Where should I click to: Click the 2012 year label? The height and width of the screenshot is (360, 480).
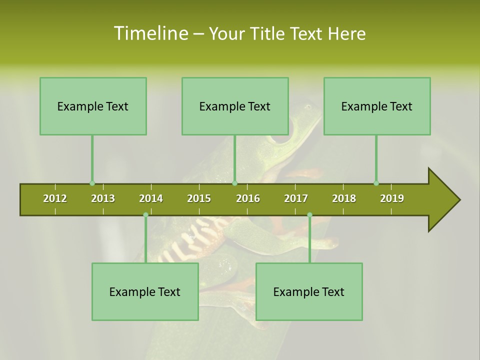click(55, 198)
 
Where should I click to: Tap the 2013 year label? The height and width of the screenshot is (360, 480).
click(103, 198)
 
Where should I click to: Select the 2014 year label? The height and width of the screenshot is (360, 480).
click(151, 198)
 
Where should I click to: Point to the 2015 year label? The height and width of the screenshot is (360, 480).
click(199, 198)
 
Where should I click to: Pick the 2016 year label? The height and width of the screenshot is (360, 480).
click(248, 198)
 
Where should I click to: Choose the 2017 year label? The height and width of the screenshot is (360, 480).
click(296, 198)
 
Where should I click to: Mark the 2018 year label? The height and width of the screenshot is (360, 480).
click(344, 198)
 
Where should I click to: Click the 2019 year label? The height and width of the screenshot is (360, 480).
click(392, 198)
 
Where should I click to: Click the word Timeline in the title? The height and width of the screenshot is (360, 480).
click(150, 33)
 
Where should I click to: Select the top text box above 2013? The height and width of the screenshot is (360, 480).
click(93, 106)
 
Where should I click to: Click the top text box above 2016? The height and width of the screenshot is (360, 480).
click(235, 106)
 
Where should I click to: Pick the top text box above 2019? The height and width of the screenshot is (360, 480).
click(377, 106)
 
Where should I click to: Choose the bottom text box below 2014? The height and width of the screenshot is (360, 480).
click(145, 291)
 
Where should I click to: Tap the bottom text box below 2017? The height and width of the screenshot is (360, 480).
click(309, 291)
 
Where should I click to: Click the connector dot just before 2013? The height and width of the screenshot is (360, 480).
click(92, 183)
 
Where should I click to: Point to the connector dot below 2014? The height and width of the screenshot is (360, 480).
click(145, 215)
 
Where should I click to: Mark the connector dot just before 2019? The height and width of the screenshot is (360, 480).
click(376, 183)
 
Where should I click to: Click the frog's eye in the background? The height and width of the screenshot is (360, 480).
click(280, 138)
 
